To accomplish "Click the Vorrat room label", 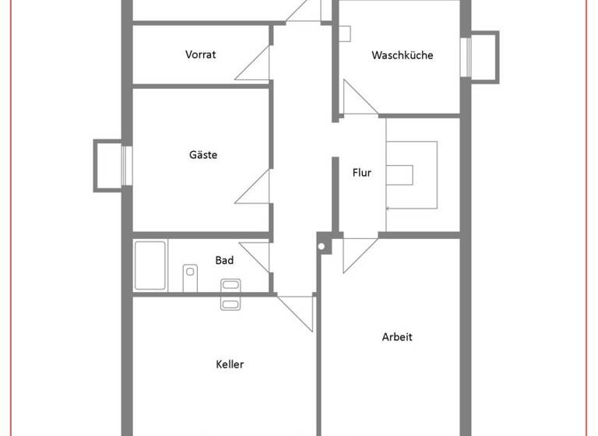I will pos(200,54).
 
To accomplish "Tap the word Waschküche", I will pos(402,55).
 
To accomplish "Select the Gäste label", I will pos(203,154).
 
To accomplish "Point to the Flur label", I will pos(361,173).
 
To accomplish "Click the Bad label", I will pos(224,260).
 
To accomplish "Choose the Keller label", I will pos(230,364).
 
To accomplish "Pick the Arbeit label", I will pos(397,337).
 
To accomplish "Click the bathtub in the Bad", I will pos(150,265).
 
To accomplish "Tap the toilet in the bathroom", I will pos(189,274).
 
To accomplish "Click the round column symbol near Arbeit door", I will pos(321,247).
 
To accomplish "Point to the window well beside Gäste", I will pos(107,165).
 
